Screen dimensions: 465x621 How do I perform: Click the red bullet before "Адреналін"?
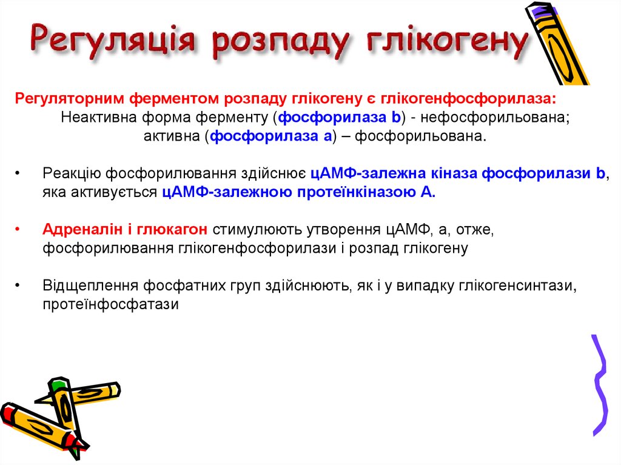coord(18,230)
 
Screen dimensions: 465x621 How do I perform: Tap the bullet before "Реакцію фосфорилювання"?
coord(18,174)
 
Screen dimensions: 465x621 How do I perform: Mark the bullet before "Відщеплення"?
coord(18,286)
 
